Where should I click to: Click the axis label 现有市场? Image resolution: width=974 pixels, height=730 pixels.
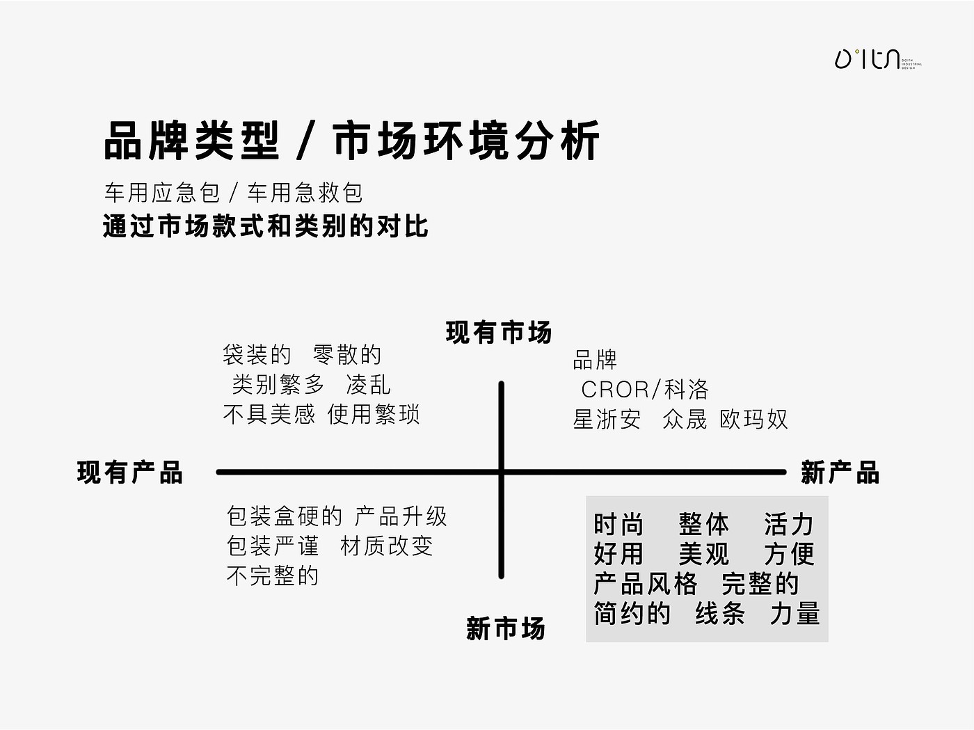(x=499, y=333)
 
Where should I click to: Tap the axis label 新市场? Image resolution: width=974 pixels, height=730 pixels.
(x=506, y=629)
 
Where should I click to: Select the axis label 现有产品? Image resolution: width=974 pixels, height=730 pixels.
(x=130, y=473)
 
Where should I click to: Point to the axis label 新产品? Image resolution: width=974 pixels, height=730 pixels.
(x=840, y=473)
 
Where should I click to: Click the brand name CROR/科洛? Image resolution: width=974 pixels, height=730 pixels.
(x=645, y=389)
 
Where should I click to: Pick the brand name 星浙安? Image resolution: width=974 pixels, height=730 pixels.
(x=607, y=420)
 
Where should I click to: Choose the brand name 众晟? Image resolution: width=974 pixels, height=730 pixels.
(x=685, y=420)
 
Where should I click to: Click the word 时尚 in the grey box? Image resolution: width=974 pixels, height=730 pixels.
(x=618, y=524)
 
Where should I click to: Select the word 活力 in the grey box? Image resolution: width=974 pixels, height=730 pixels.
(x=788, y=524)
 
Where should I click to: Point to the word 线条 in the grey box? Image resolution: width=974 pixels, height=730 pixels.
(x=720, y=614)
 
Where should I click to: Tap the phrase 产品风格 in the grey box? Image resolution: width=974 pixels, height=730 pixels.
(x=645, y=584)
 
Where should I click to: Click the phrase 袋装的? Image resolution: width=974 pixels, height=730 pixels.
(x=257, y=355)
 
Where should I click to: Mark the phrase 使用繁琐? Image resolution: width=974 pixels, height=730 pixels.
(x=374, y=415)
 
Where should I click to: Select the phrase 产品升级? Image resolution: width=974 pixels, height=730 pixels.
(x=401, y=516)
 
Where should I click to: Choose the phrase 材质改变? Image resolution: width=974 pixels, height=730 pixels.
(x=387, y=546)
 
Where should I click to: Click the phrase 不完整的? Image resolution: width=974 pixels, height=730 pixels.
(x=273, y=576)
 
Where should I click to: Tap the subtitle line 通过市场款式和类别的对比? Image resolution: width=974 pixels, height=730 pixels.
(x=266, y=227)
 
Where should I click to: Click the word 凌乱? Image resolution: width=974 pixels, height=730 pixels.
(x=369, y=385)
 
